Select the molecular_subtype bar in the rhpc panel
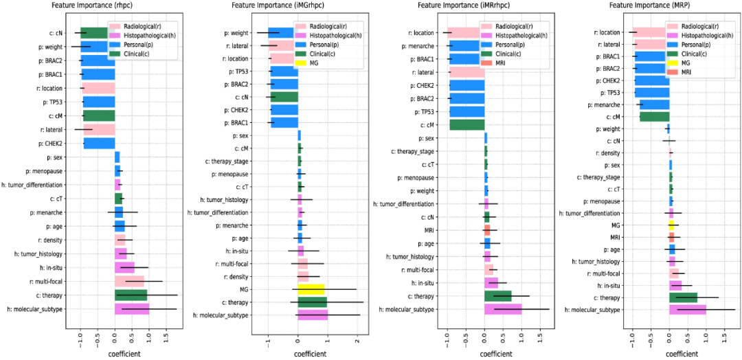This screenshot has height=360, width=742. tap(132, 309)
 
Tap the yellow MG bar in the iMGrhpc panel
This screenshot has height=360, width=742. tap(311, 289)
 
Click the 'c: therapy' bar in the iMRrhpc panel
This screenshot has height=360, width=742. tap(498, 296)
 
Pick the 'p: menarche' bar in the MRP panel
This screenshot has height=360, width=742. tap(654, 104)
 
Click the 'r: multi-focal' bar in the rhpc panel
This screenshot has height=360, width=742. tap(129, 281)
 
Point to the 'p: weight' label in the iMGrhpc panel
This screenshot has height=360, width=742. tap(236, 32)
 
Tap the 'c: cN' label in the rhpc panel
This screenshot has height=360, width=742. tap(57, 32)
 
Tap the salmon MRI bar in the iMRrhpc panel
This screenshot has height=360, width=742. tap(487, 230)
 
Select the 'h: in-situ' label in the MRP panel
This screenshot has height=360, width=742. tap(605, 285)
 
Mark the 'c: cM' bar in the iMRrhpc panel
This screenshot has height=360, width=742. tap(467, 124)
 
